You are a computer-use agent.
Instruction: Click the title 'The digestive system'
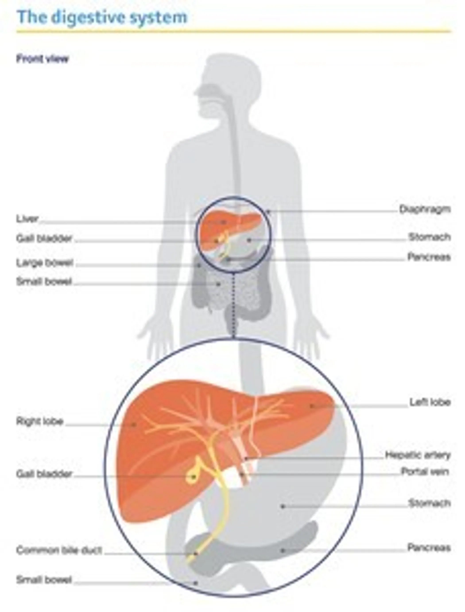click(102, 17)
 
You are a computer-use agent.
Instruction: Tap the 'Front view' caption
click(42, 59)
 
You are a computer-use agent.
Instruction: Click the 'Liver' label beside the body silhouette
click(27, 219)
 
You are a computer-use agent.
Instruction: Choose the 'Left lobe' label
click(430, 402)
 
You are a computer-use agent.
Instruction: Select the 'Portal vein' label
click(425, 471)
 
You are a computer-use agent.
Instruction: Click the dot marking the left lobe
click(312, 406)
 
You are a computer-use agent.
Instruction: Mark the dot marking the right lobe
click(134, 424)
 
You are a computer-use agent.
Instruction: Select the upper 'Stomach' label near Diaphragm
click(430, 237)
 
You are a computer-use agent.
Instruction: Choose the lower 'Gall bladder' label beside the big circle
click(44, 474)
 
